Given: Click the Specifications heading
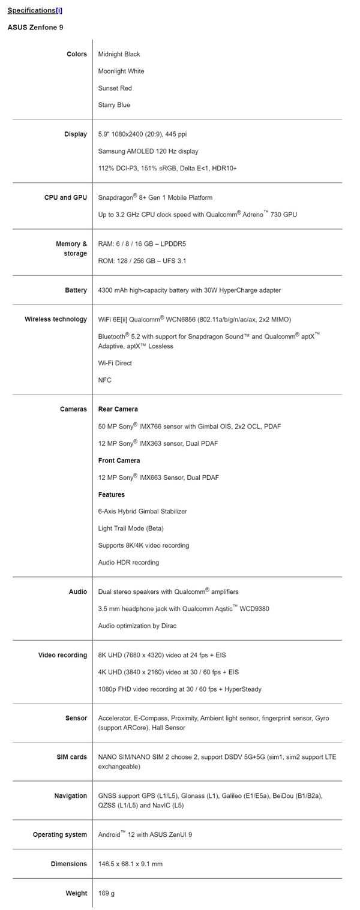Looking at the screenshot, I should tap(31, 10).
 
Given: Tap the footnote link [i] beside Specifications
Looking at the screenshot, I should tap(59, 10).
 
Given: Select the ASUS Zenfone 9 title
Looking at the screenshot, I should tap(35, 27).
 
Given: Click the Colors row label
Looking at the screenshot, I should tap(77, 54).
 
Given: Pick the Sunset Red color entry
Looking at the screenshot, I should tap(115, 88).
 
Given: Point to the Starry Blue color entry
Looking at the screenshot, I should tap(114, 105).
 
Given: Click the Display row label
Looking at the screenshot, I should tap(76, 134).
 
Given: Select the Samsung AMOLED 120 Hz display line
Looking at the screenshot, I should tap(148, 151).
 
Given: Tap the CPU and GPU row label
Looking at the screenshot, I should tap(65, 197).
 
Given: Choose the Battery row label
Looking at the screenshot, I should tap(76, 290).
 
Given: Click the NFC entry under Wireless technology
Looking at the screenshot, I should tap(104, 380).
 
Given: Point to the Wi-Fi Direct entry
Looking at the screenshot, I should tap(115, 363).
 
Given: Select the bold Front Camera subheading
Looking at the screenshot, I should tap(119, 461).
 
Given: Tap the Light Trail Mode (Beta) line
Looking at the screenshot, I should tap(131, 528).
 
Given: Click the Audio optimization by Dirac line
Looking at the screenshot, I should tap(137, 626).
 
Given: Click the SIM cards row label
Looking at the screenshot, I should tap(71, 757).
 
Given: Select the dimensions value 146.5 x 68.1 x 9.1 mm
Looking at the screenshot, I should tap(130, 864).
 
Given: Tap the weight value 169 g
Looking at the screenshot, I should tap(106, 893).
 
